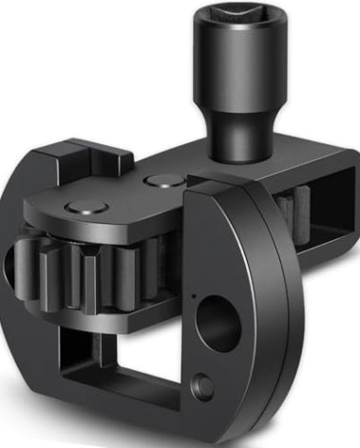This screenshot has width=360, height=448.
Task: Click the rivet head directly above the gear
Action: [x=77, y=208]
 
